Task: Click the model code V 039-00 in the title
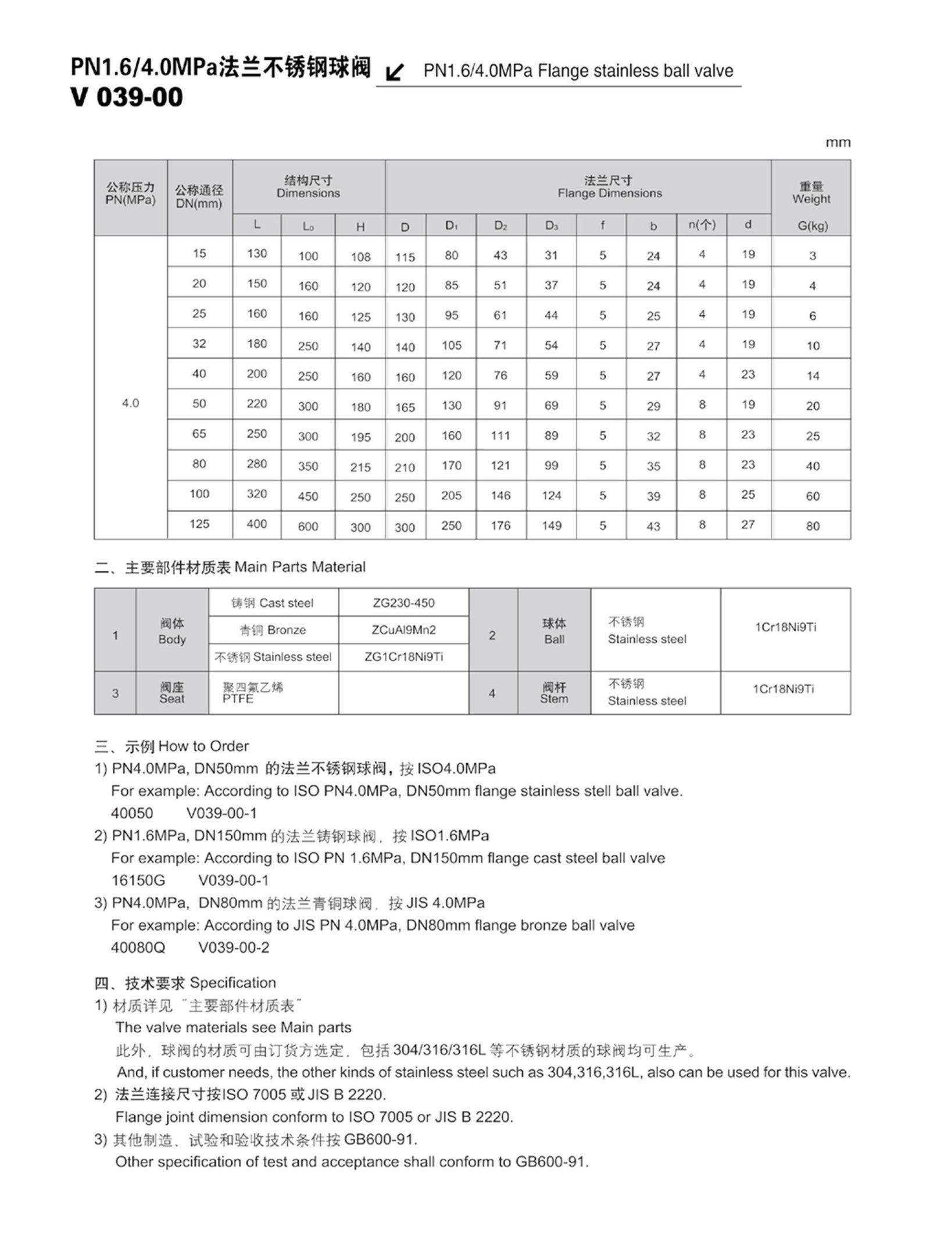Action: [127, 97]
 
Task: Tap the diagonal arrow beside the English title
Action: [395, 72]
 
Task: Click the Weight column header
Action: [811, 193]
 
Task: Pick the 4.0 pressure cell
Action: [130, 403]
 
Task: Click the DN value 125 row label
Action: [199, 524]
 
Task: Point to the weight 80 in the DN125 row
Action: [812, 526]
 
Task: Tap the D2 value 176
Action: [500, 525]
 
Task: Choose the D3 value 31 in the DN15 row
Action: [551, 255]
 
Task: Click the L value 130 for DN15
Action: [256, 253]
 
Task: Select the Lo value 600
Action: [307, 526]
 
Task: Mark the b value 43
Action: [653, 526]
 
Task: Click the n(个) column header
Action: [702, 225]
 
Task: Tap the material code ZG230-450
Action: [403, 603]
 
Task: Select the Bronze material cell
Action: [273, 630]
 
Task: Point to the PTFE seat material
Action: [238, 699]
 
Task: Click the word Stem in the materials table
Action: [553, 699]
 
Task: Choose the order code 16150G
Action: [138, 880]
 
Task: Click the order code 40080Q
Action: [138, 947]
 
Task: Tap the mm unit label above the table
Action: [838, 142]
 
